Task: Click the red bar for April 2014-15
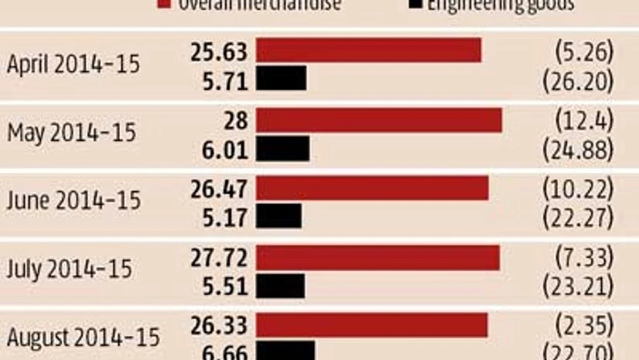(368, 50)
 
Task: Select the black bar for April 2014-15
(281, 77)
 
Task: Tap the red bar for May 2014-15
(379, 120)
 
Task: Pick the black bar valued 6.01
(282, 148)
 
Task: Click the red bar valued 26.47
(372, 188)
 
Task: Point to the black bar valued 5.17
(278, 216)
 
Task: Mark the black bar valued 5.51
(280, 285)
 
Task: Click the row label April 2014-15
(73, 64)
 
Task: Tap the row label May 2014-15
(71, 133)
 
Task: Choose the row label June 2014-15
(73, 201)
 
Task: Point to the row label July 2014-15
(69, 269)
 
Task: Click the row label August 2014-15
(83, 338)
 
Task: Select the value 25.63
(219, 51)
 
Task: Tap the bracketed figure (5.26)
(584, 51)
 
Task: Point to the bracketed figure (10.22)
(579, 188)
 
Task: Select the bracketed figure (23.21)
(579, 285)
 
